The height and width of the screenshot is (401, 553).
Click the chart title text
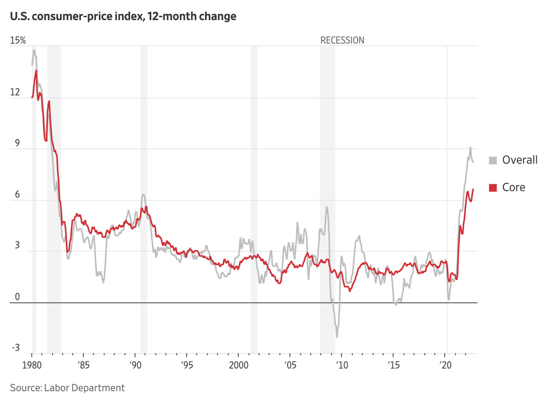click(123, 16)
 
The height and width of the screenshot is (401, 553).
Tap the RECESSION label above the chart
click(342, 40)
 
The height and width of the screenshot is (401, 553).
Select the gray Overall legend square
click(493, 160)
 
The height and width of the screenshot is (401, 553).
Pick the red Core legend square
click(493, 188)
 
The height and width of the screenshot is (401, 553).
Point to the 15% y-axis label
click(18, 40)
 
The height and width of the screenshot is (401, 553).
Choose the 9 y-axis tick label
click(17, 144)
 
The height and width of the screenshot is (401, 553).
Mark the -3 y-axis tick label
click(15, 348)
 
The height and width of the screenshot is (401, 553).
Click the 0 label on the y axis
click(17, 297)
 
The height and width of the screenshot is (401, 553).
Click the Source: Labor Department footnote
click(67, 388)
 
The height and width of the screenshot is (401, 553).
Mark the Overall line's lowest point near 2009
click(337, 337)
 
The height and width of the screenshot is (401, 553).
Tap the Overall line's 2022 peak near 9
click(470, 147)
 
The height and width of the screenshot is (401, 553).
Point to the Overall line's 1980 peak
click(34, 50)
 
